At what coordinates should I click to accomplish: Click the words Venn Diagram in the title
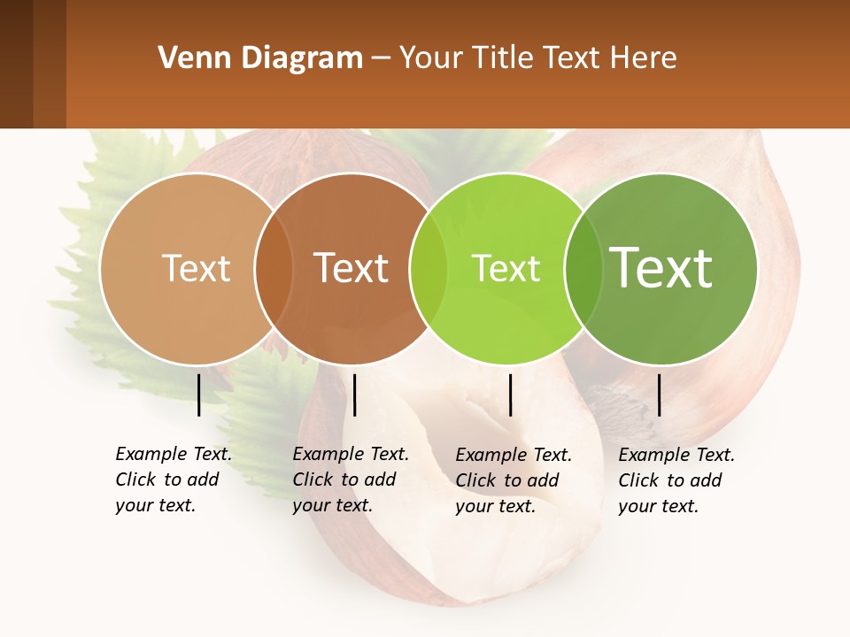tap(260, 58)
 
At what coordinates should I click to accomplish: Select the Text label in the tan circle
tap(196, 268)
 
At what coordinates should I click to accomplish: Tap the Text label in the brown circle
tap(352, 268)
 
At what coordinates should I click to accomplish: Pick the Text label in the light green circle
tap(506, 268)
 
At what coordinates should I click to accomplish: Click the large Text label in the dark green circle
tap(661, 267)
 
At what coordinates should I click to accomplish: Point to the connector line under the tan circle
tap(198, 395)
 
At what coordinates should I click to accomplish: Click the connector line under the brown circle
tap(354, 395)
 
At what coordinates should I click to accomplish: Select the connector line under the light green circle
tap(510, 395)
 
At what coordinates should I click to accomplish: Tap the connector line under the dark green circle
tap(659, 395)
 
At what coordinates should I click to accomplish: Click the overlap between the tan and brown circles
tap(274, 268)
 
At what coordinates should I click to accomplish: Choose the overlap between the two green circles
tap(583, 268)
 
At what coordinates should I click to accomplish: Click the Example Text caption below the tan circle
tap(174, 480)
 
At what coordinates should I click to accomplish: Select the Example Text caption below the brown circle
tap(351, 480)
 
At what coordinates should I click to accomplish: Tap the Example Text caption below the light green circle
tap(514, 480)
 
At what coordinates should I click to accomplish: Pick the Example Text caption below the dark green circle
tap(676, 480)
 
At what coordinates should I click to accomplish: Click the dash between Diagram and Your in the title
tap(381, 58)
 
